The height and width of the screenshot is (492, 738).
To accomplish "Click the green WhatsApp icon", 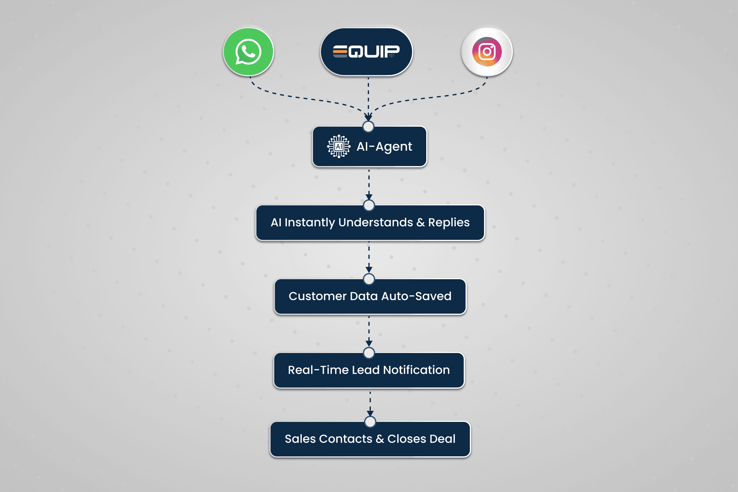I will click(248, 52).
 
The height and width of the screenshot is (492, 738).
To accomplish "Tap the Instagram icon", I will click(487, 52).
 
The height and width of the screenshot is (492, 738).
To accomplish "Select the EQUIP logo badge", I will click(366, 52).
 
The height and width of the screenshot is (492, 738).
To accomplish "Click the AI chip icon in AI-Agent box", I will click(339, 146).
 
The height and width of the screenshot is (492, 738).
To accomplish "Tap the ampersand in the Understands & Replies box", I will click(420, 222).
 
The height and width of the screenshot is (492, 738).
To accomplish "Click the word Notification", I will click(416, 370).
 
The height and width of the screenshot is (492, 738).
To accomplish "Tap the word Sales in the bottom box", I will click(300, 439).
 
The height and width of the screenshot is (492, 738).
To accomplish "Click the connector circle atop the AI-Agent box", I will click(368, 127).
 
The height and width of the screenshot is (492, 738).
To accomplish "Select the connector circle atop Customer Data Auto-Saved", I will click(369, 279).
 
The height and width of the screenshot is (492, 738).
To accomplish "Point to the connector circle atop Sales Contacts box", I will click(370, 422).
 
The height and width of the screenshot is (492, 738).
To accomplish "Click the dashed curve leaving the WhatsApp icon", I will click(301, 98).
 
